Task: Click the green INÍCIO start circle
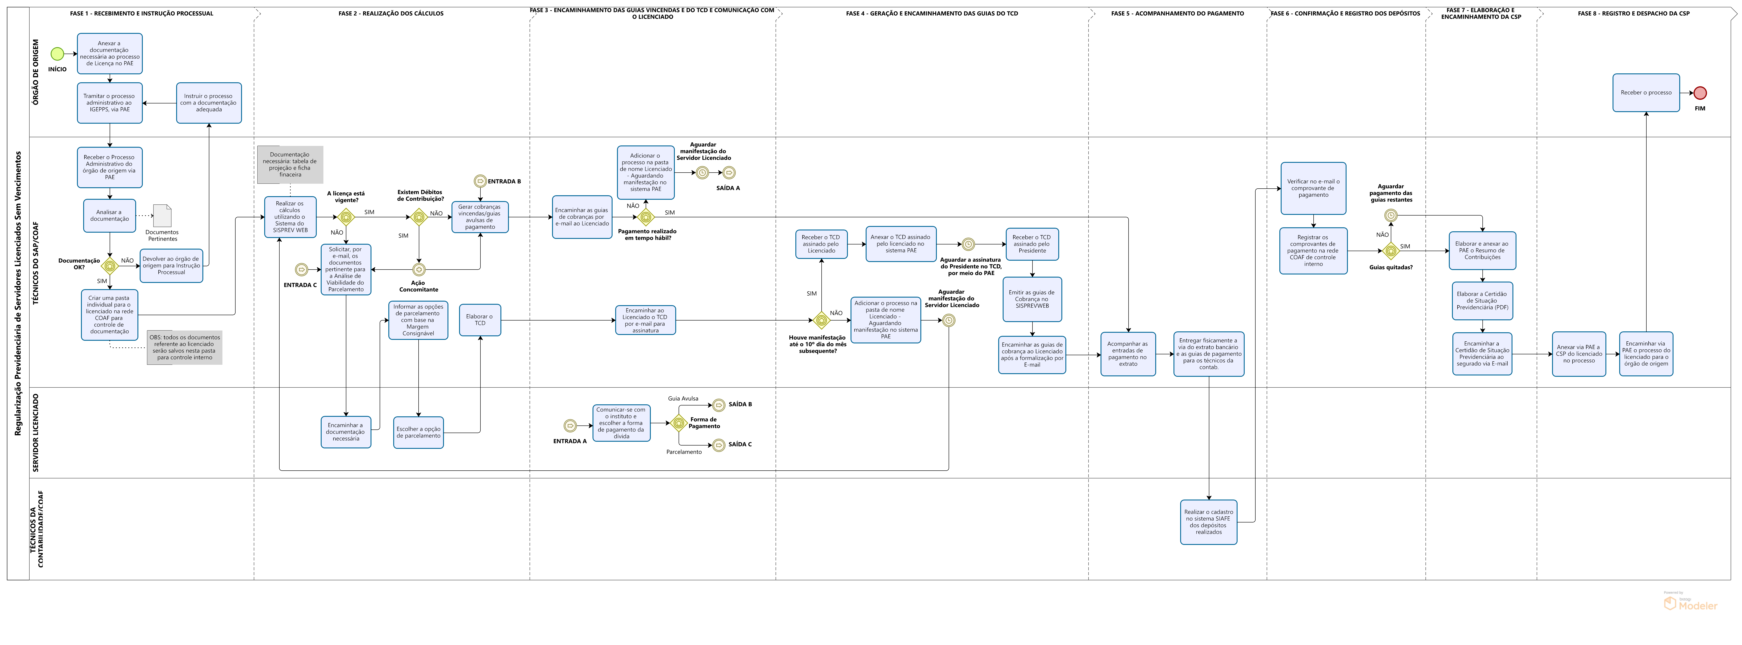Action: (x=57, y=53)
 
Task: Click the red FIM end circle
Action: (x=1700, y=93)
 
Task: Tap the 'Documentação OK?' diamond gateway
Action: (x=110, y=266)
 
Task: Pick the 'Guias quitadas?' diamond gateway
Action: (x=1391, y=251)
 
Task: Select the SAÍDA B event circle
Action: (x=719, y=405)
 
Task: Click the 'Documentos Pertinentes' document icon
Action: (x=162, y=216)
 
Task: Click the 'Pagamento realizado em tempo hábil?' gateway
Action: (x=646, y=217)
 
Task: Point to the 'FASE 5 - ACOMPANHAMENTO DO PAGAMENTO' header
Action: (x=1177, y=14)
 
